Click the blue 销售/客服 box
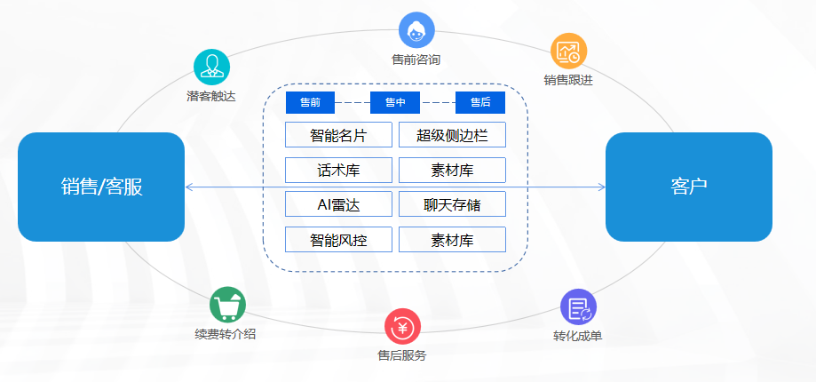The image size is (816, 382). coord(101,187)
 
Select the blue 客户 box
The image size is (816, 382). coord(689,187)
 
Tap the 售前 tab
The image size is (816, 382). coord(310,103)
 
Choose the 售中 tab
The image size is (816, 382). coord(395,103)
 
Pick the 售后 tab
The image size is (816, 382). coord(480,103)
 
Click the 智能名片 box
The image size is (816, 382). coord(338,135)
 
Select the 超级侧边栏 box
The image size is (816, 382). coord(452,135)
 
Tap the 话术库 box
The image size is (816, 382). coord(338,170)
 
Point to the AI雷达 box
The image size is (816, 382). coord(338,204)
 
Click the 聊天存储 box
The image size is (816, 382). coord(452,204)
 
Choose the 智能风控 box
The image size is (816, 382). coord(338,239)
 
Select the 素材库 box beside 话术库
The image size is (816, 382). coord(452,170)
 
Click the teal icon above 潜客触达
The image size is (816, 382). coord(211,66)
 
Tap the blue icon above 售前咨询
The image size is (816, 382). coord(416,30)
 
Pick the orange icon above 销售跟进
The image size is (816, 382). coord(568,52)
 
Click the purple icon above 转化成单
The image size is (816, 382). coord(578,307)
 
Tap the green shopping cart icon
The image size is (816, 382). coord(227,305)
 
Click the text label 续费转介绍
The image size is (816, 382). coord(226,334)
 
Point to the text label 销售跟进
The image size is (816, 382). coord(568,80)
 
